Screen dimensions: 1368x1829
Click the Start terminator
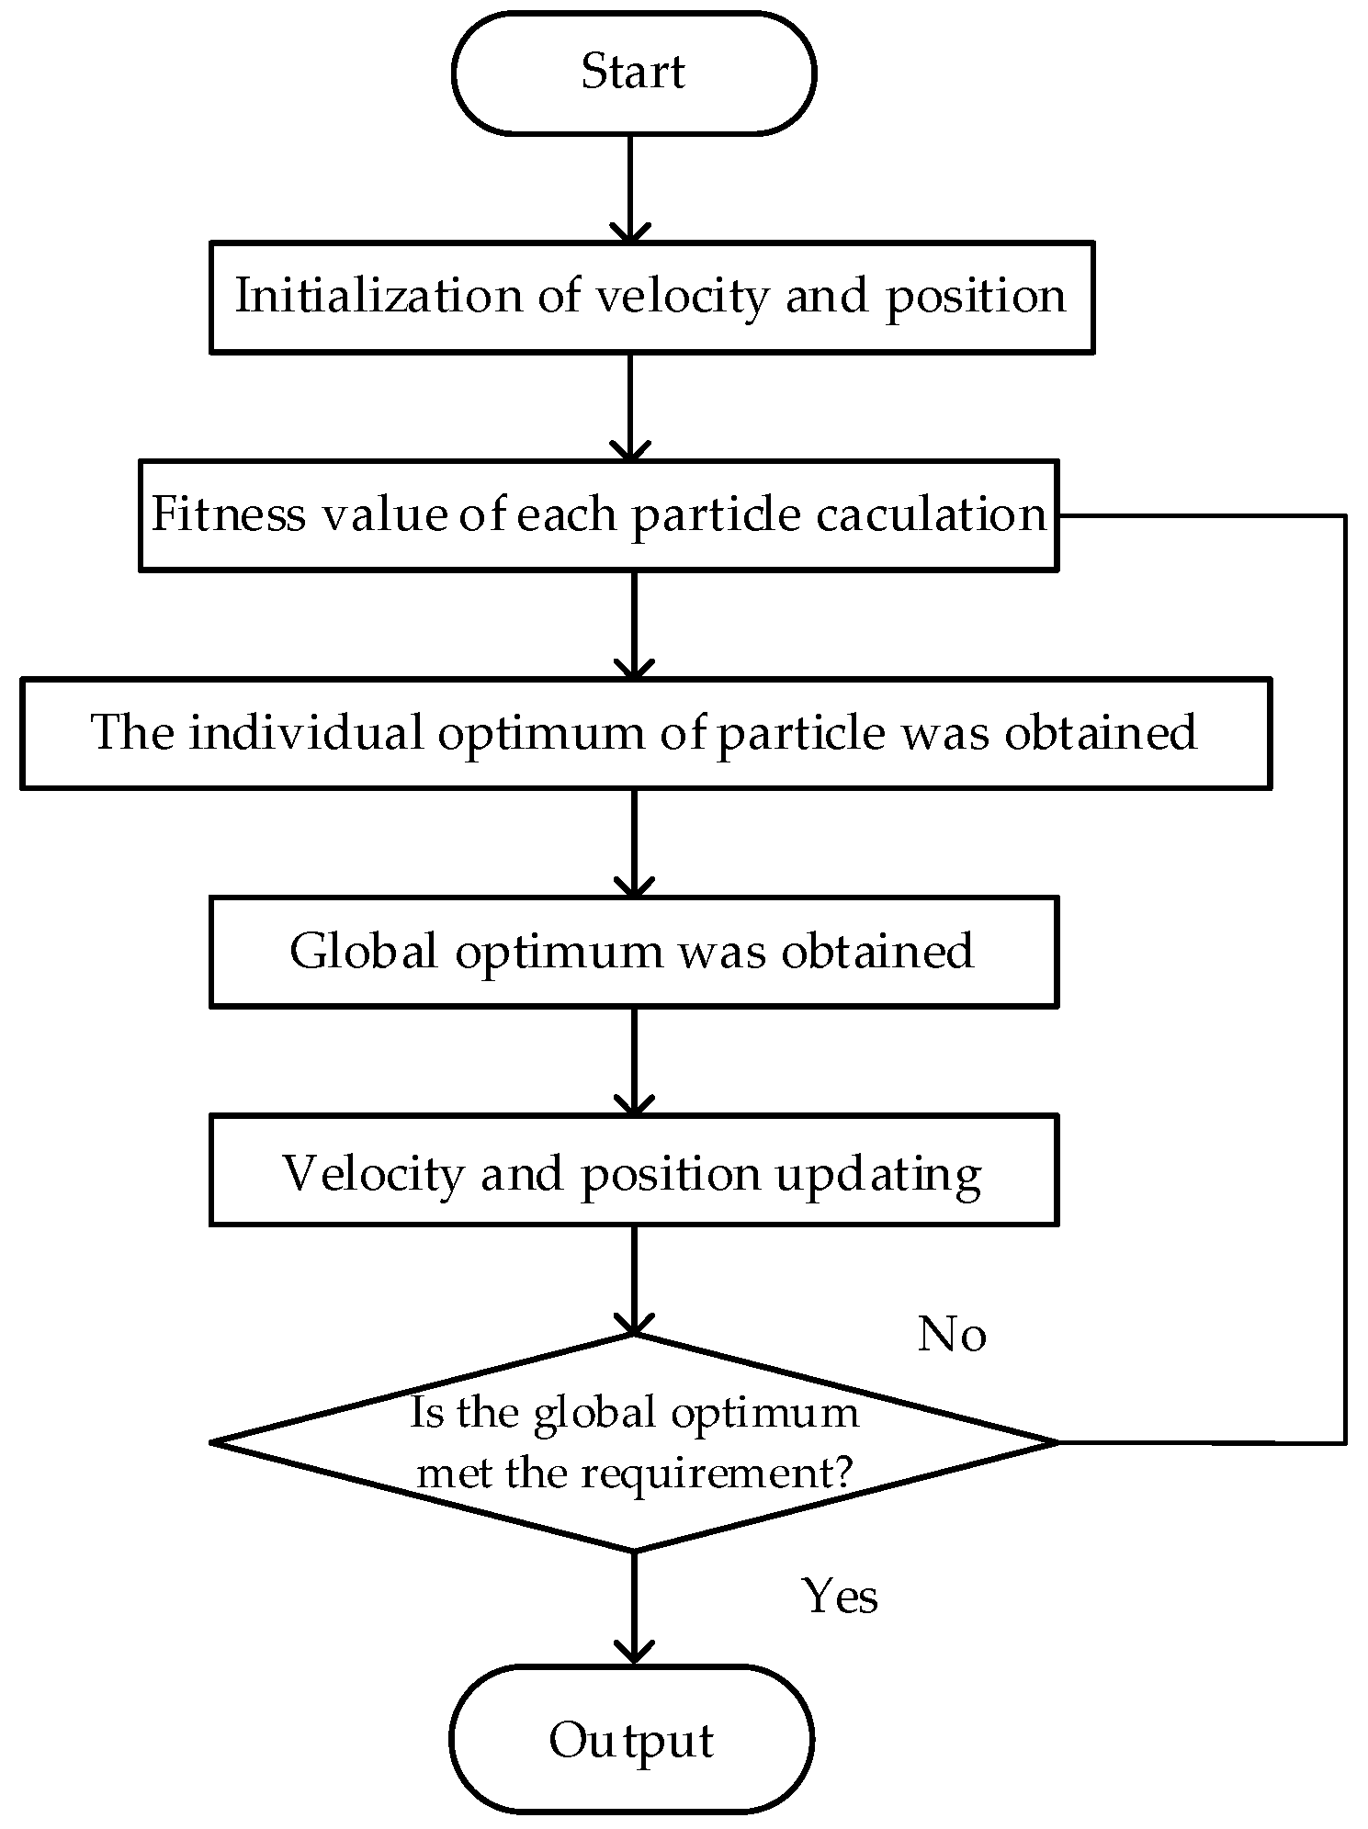[633, 73]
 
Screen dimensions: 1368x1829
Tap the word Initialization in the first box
[379, 295]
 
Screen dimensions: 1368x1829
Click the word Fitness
[228, 514]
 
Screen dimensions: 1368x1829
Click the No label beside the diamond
[952, 1334]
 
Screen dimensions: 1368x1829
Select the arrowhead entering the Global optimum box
[633, 886]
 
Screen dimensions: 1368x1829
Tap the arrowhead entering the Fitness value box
[630, 450]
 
